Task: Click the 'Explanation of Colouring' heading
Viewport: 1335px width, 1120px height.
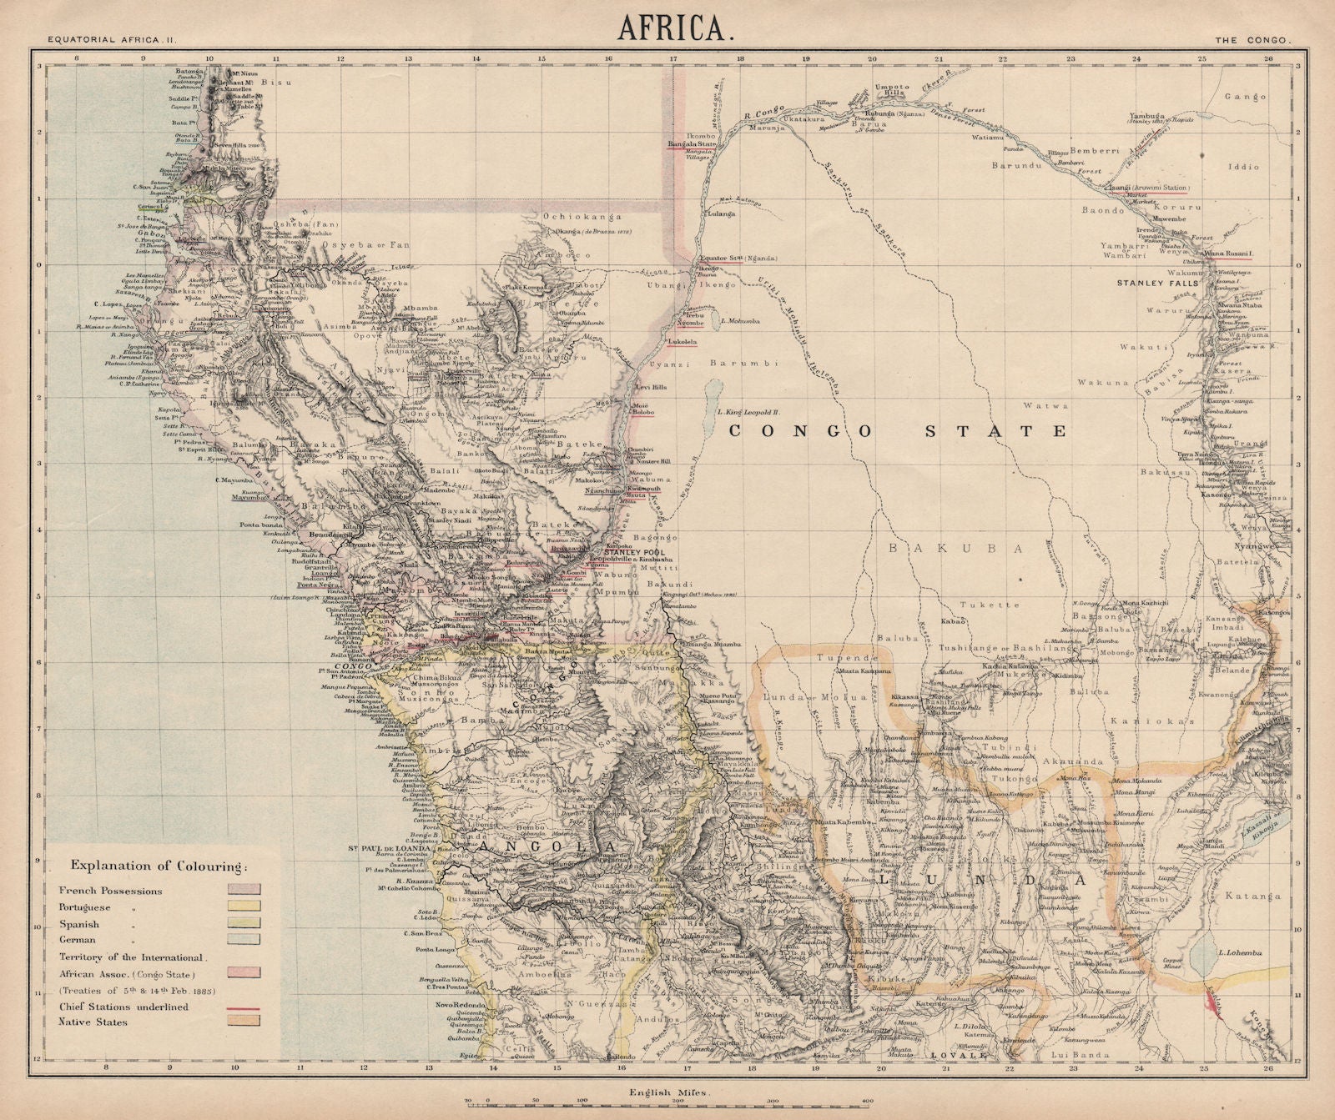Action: pyautogui.click(x=159, y=864)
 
